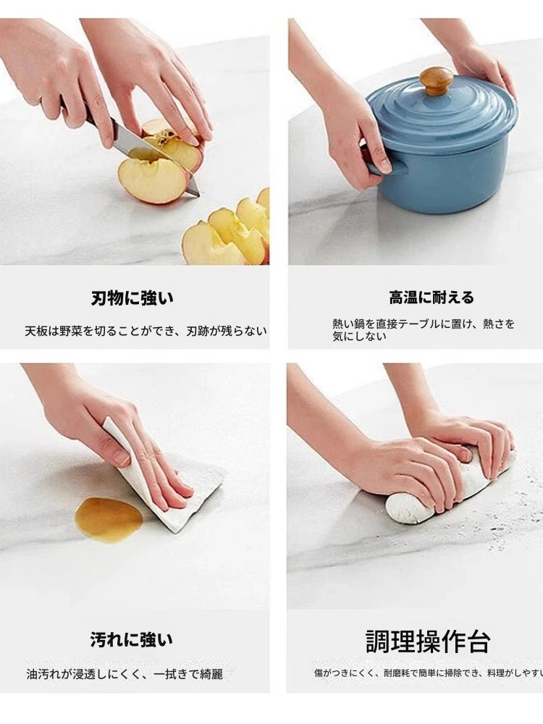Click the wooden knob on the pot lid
[435, 80]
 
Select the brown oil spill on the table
[109, 517]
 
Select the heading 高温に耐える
[431, 298]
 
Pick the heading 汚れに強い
[132, 640]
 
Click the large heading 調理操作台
[428, 641]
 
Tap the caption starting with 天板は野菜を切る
[146, 331]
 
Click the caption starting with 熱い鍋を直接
[424, 329]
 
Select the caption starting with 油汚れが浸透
[125, 674]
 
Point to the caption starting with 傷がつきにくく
[429, 673]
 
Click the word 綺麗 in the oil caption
[211, 674]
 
